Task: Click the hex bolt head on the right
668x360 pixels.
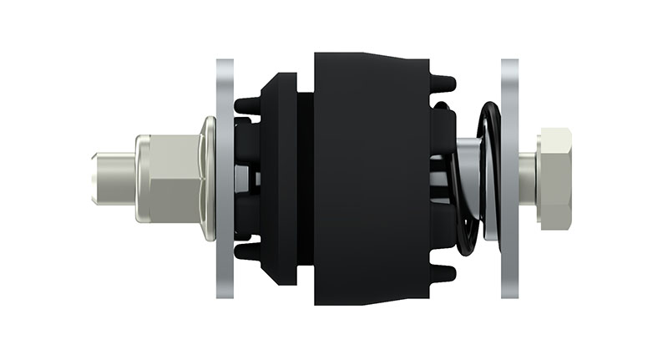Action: point(555,177)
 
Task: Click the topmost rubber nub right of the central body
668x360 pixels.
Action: point(444,83)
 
